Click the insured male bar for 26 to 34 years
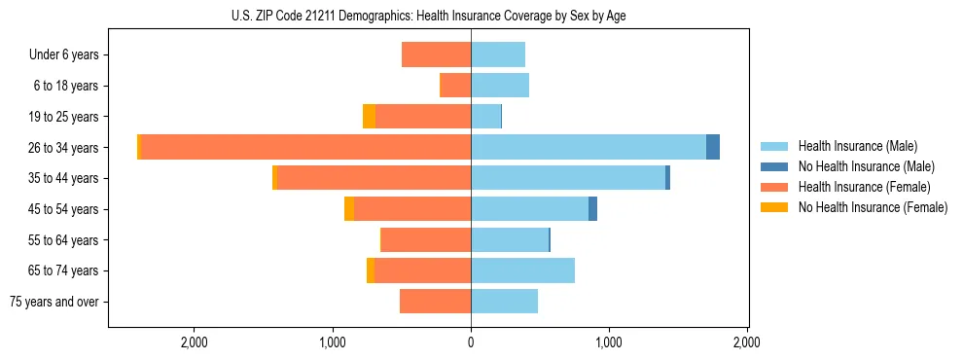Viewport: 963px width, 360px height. click(588, 147)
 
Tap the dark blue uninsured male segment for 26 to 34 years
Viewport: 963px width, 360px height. click(713, 147)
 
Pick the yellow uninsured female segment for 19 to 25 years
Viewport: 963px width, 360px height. click(369, 117)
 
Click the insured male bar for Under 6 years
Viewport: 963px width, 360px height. click(498, 54)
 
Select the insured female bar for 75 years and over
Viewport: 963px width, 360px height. click(435, 302)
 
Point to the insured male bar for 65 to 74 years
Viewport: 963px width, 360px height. click(522, 270)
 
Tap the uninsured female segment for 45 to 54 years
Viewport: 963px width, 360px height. click(349, 209)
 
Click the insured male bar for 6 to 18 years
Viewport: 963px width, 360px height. click(500, 86)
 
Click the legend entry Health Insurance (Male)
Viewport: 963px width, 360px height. click(857, 146)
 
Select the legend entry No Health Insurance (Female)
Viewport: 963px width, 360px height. click(873, 207)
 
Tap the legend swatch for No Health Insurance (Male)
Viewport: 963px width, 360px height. click(774, 166)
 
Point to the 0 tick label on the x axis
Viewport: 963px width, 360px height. click(471, 342)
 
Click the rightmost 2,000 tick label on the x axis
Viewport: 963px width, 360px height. click(746, 342)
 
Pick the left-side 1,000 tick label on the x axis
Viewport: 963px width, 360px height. click(333, 342)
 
